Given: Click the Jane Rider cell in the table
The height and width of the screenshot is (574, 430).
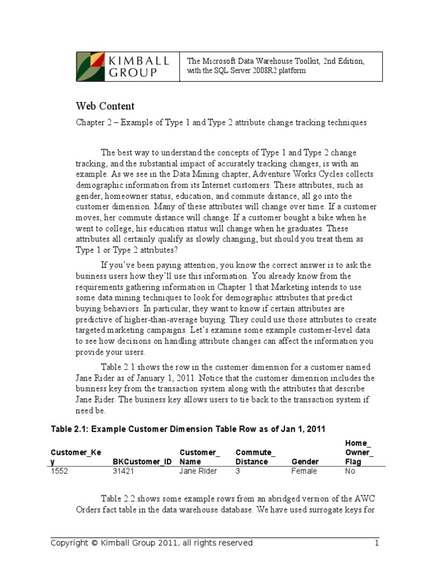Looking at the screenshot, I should coord(198,471).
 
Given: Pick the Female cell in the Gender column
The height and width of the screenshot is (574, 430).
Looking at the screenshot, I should coord(304,471).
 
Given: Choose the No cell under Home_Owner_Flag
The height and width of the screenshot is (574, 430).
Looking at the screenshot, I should coord(350,471).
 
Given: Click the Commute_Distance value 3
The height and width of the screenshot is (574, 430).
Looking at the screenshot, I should coord(238,471).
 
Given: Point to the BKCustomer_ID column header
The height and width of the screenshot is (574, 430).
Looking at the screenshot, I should coord(142,462).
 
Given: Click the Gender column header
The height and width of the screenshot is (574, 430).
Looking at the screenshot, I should coord(305,462).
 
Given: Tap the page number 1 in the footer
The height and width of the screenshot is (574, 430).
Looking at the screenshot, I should coord(377,543).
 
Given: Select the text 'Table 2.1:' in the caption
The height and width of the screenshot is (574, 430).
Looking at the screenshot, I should coord(70,429).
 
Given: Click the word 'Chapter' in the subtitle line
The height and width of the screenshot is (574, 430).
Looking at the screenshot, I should coord(90,123).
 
